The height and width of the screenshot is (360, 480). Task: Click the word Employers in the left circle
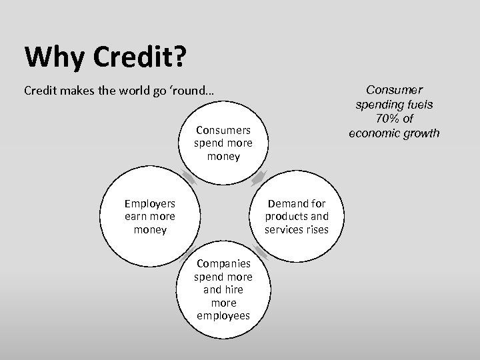[x=149, y=203]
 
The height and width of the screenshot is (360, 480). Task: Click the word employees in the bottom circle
[x=223, y=315]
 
